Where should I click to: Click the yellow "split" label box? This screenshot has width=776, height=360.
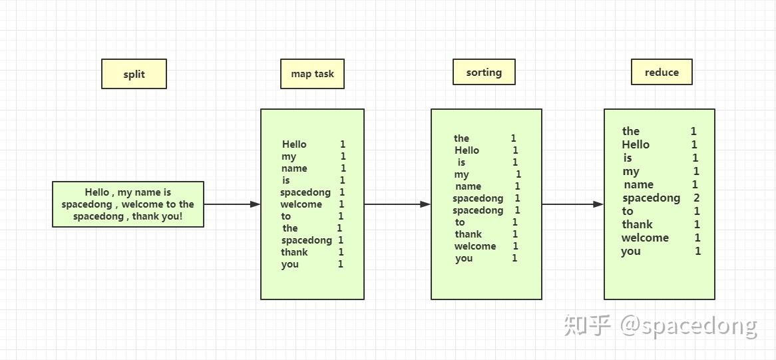point(134,74)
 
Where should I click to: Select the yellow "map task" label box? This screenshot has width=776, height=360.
point(312,74)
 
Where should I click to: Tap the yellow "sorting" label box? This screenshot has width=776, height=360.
point(484,72)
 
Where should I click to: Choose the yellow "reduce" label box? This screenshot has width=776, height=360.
point(662,72)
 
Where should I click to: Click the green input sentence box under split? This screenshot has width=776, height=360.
point(128,204)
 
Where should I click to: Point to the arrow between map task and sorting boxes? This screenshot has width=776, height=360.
point(397,204)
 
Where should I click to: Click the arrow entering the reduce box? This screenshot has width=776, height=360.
point(572,204)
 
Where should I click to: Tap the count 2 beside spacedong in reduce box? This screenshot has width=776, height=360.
point(696,198)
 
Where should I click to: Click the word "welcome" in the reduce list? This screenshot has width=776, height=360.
point(645,238)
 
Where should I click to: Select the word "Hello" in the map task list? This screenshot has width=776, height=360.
point(294,144)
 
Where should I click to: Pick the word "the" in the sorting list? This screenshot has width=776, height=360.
point(461,138)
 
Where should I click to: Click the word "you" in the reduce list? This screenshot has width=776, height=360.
point(631,251)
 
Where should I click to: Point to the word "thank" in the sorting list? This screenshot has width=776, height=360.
point(468,234)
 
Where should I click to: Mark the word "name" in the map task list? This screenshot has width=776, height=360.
point(294,168)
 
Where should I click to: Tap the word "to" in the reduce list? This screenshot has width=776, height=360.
point(628,211)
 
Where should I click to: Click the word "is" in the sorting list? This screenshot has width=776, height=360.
point(461,162)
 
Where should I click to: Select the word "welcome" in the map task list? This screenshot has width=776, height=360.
point(301,204)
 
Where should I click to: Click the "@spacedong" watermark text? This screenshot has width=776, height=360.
point(689,325)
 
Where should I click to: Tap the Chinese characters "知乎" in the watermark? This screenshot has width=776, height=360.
point(588,325)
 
